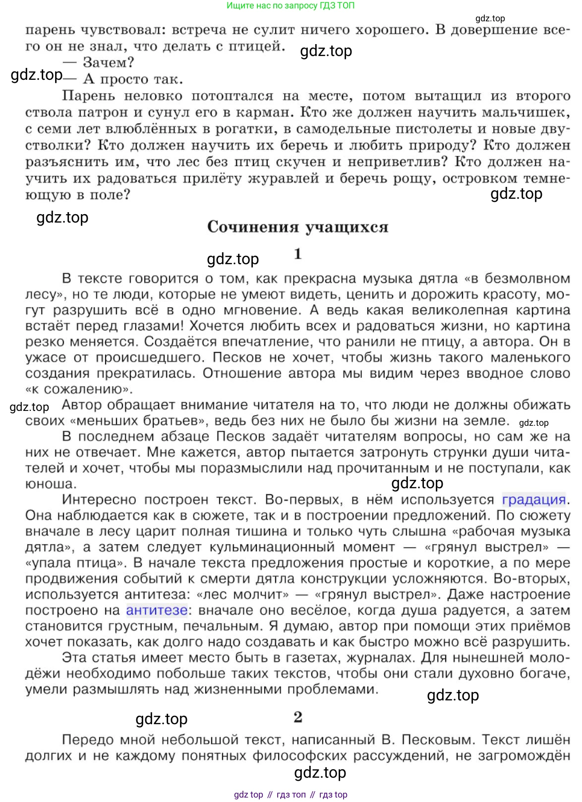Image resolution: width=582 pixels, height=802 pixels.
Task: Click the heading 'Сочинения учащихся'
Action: tap(297, 227)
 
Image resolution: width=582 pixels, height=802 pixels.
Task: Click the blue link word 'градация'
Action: tap(533, 500)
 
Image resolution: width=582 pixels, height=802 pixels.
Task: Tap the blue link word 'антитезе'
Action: tap(157, 610)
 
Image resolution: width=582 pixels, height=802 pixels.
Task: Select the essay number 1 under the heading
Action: tap(297, 254)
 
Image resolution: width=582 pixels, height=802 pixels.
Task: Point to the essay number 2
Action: tap(297, 717)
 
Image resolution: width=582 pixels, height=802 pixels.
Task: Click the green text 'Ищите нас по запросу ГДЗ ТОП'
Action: tap(291, 6)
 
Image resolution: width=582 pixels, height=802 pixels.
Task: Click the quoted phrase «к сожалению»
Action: tap(79, 389)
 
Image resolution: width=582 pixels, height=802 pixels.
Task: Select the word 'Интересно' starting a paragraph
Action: tap(99, 500)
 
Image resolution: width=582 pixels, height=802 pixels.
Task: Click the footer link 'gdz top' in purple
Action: tap(248, 795)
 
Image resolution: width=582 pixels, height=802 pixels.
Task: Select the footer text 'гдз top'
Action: tap(333, 795)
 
